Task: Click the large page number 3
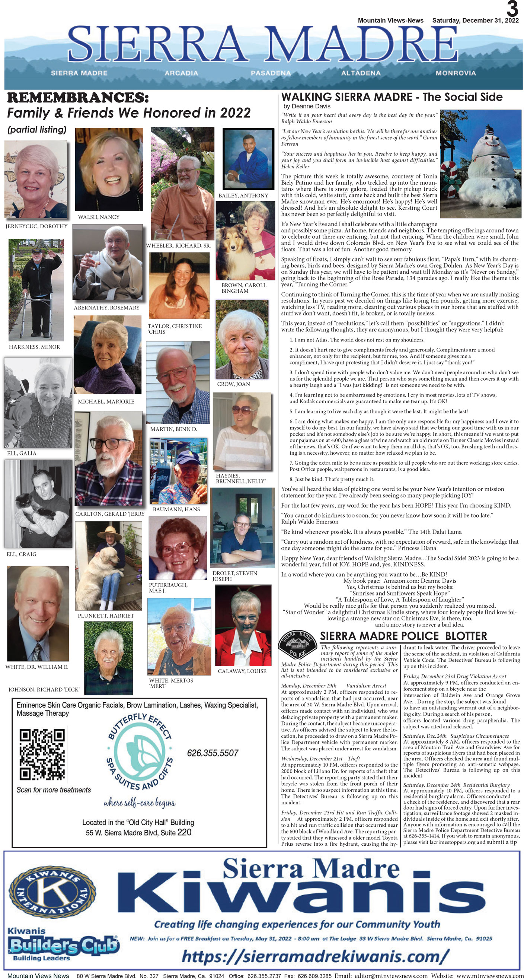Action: click(x=512, y=9)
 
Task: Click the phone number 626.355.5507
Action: click(x=213, y=753)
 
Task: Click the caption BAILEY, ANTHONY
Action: click(x=243, y=196)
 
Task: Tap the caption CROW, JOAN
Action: click(x=233, y=384)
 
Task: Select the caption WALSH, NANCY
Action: click(x=99, y=217)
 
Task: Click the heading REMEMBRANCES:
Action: click(x=78, y=98)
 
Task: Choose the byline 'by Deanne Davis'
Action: click(x=307, y=107)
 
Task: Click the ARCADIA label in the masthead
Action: click(x=181, y=73)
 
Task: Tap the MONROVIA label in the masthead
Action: click(x=455, y=73)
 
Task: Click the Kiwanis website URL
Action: click(x=315, y=956)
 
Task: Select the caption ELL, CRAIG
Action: click(x=22, y=554)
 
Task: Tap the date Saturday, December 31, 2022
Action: click(x=475, y=20)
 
